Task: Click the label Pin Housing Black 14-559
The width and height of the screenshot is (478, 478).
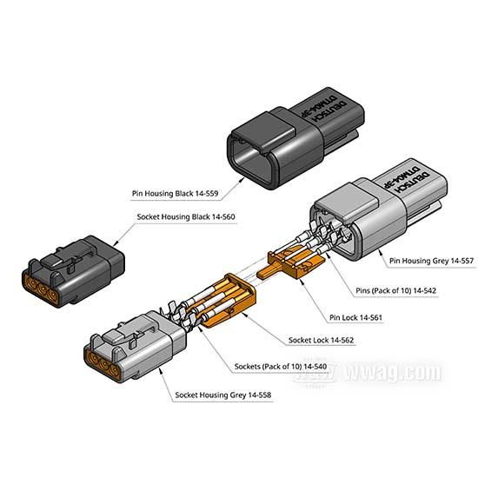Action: [175, 193]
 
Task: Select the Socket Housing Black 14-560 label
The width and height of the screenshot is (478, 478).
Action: [186, 216]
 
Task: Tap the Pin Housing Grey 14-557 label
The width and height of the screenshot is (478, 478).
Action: [431, 261]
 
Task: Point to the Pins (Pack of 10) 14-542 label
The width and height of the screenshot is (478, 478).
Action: [396, 290]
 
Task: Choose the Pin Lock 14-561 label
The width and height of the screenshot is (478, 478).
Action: [355, 317]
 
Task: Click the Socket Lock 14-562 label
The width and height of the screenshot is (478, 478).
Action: [321, 340]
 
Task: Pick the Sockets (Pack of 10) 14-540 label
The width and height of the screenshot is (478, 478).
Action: [281, 366]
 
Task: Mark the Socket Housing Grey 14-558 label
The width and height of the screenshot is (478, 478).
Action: [222, 395]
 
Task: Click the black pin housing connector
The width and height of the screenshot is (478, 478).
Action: [295, 139]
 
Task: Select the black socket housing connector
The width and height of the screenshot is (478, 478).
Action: [73, 271]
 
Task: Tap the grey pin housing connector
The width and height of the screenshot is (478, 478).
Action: [378, 210]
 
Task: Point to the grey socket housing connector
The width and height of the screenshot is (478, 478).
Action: [135, 346]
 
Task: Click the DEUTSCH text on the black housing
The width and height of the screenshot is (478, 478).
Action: [330, 110]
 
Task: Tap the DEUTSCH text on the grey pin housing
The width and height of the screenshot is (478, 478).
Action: [412, 182]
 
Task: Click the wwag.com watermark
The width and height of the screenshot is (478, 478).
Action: [394, 372]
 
